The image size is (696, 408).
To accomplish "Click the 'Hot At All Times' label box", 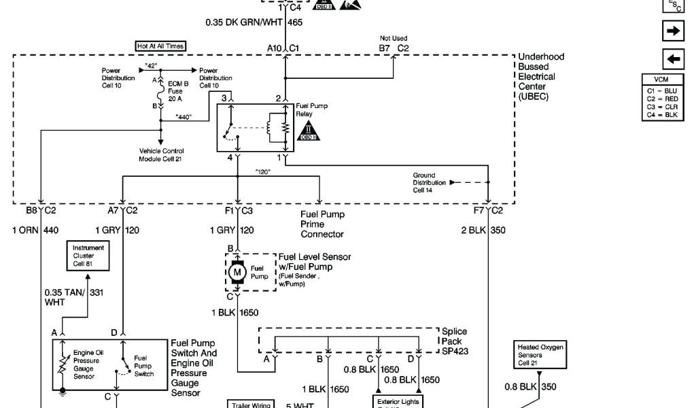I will click(x=160, y=46).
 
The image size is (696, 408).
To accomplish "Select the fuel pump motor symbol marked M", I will click(x=238, y=273).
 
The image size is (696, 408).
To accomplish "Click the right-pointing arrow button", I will click(x=672, y=31).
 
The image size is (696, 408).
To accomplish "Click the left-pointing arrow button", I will click(x=672, y=58).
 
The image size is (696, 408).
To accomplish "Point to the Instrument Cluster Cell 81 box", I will click(x=88, y=255).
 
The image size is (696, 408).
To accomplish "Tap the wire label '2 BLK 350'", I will click(x=483, y=231).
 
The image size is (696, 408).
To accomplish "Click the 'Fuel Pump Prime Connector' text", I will click(x=322, y=224).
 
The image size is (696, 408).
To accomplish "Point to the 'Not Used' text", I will click(x=394, y=38).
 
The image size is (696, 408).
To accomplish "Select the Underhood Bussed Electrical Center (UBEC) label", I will click(x=541, y=77).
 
